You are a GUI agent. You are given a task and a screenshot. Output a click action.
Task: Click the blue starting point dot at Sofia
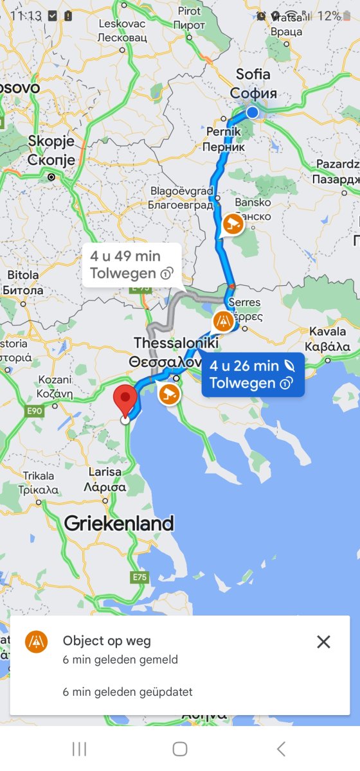(253, 113)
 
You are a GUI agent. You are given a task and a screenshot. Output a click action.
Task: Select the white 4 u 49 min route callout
(130, 265)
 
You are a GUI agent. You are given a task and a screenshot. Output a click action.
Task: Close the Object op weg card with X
(323, 641)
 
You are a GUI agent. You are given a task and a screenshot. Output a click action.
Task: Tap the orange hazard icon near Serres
(224, 319)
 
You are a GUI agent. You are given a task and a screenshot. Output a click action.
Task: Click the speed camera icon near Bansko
(233, 225)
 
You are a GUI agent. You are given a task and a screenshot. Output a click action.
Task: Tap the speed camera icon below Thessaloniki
(168, 393)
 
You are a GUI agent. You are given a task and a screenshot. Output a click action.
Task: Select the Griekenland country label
(119, 524)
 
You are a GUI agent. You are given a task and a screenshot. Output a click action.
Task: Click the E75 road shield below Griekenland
(139, 577)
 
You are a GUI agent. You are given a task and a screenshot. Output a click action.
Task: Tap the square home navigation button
(180, 749)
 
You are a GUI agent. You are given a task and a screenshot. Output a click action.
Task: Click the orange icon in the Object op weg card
(37, 642)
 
